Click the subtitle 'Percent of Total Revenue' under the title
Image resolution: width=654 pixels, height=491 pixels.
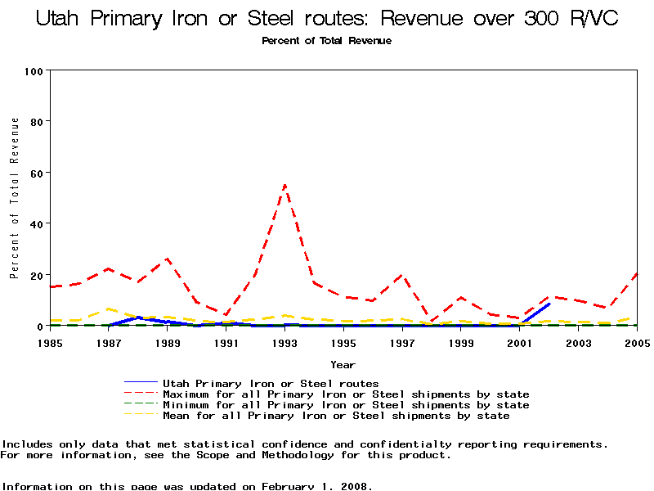[326, 41]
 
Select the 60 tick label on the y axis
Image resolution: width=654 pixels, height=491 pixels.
[36, 173]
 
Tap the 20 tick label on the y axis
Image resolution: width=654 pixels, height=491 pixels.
[36, 275]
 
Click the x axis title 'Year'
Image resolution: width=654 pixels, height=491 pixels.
[343, 364]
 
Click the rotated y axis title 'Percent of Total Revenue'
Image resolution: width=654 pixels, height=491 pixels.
[15, 197]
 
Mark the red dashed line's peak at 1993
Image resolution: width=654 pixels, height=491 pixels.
[284, 185]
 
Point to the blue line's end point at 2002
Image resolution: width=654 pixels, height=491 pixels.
[549, 304]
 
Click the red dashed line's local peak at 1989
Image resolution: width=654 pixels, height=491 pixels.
[168, 259]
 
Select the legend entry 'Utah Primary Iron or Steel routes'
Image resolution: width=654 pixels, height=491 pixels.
[271, 383]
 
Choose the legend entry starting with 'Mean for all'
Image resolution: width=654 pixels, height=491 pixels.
[336, 416]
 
